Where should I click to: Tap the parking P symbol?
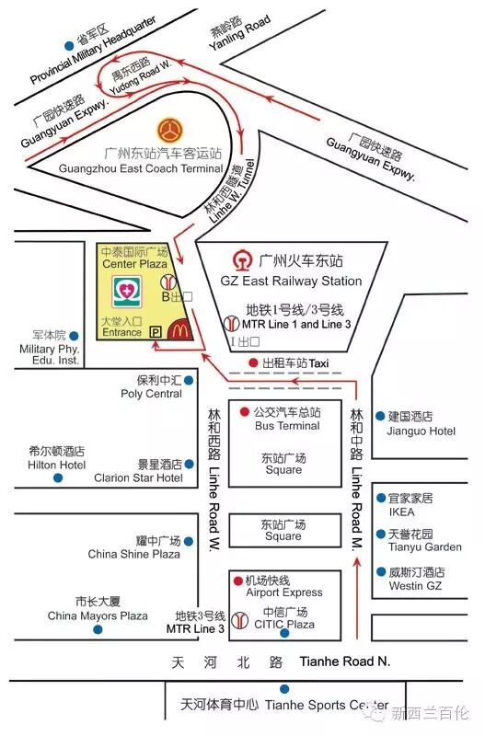point(155,332)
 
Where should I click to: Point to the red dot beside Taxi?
point(253,363)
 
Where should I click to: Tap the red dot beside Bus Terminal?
point(245,411)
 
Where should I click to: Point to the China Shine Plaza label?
point(134,554)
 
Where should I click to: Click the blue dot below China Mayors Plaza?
point(98,629)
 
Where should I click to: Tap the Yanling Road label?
point(239,34)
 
